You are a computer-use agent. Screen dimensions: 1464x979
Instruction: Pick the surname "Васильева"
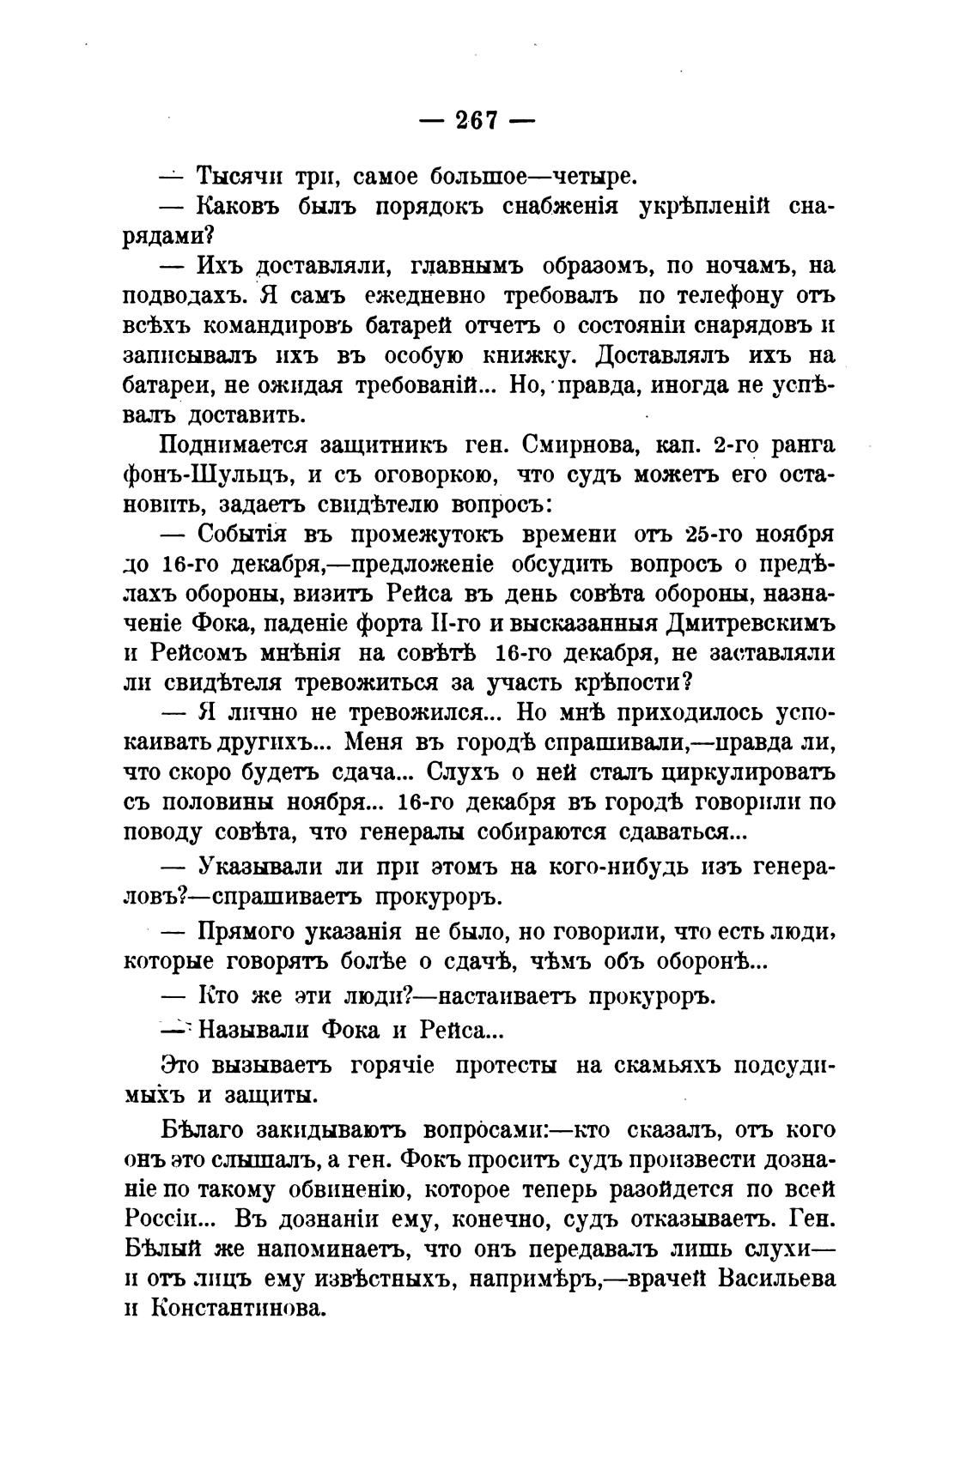[x=776, y=1279]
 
